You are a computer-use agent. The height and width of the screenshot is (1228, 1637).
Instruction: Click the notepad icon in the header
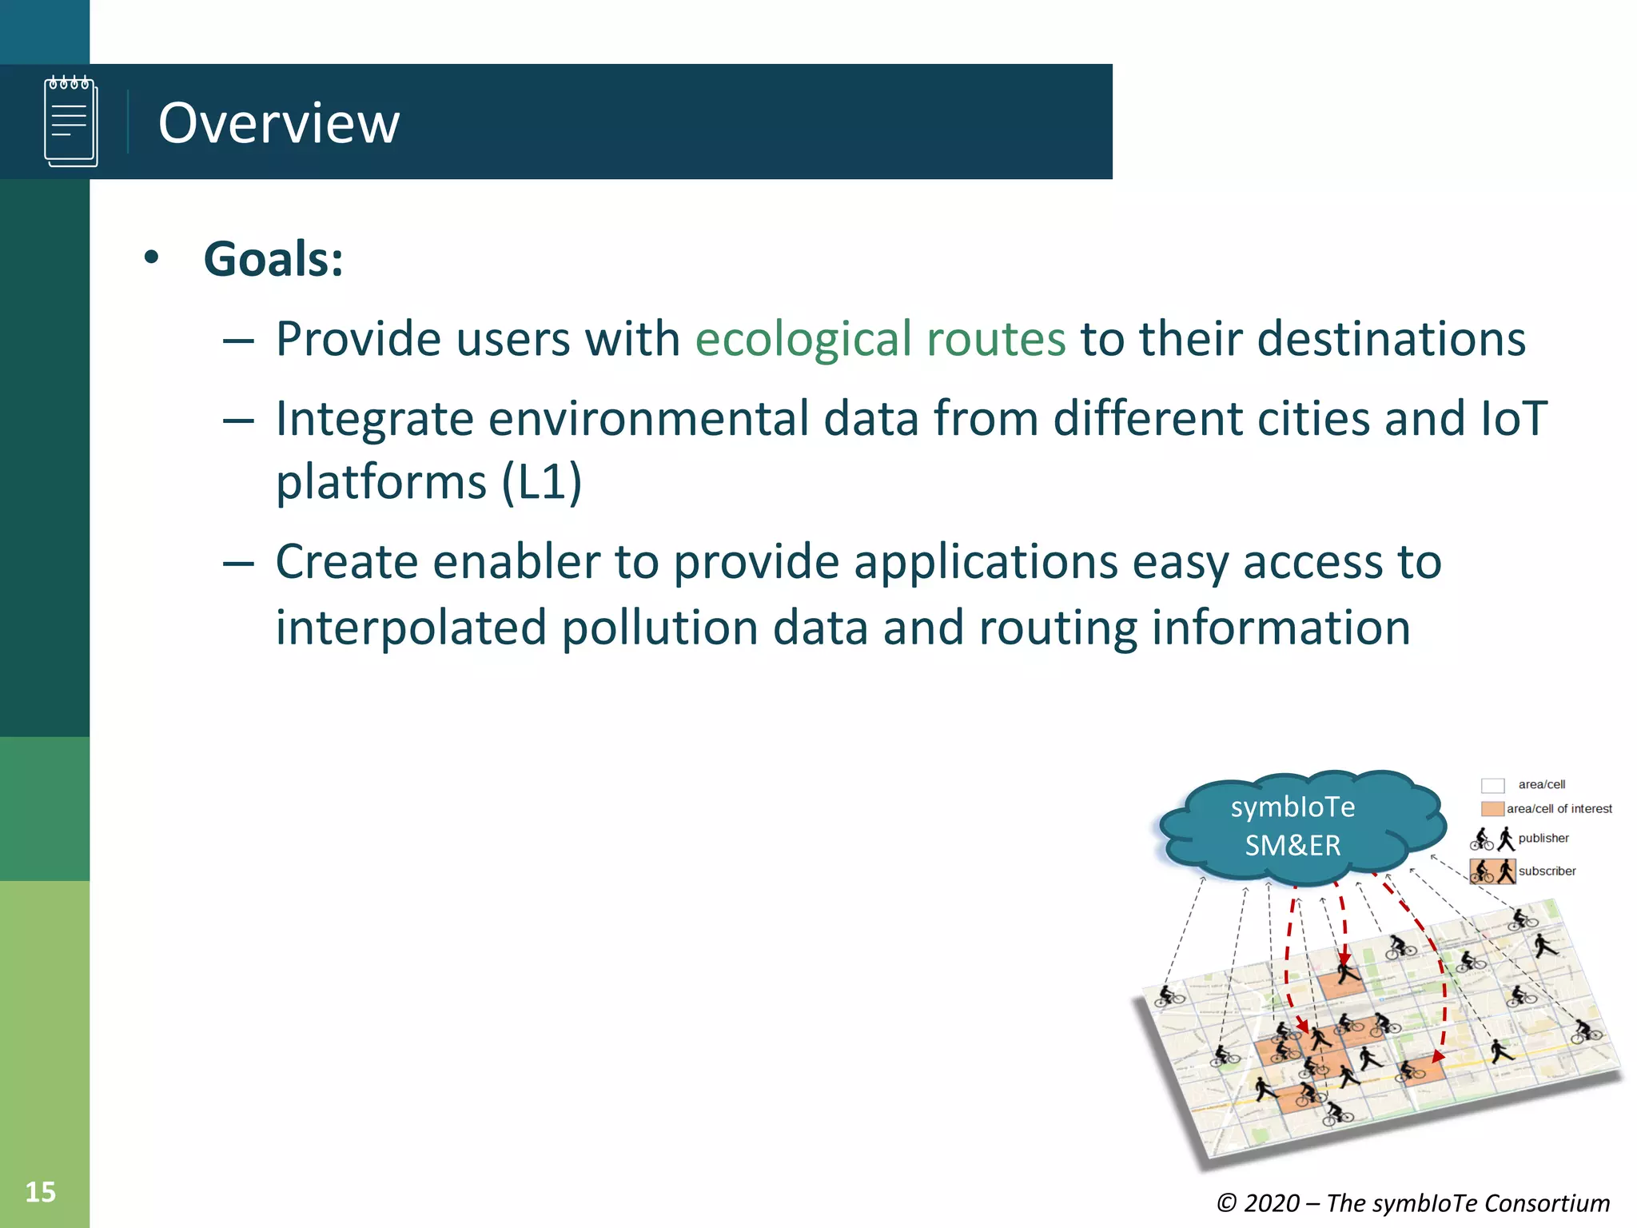click(x=71, y=122)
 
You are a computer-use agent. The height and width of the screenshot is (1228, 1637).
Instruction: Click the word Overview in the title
click(x=278, y=123)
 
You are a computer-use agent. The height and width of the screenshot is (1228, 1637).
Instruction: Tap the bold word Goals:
click(x=273, y=259)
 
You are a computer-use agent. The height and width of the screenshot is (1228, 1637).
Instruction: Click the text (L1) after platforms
click(x=541, y=482)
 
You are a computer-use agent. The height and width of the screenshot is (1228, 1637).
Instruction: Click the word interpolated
click(x=410, y=627)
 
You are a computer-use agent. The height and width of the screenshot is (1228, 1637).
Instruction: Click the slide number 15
click(x=40, y=1192)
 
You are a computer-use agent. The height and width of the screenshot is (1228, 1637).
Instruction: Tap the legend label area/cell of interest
click(x=1559, y=809)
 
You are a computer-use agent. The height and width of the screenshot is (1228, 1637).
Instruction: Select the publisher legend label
click(x=1543, y=838)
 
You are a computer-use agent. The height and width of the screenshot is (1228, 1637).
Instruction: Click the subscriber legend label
click(x=1547, y=871)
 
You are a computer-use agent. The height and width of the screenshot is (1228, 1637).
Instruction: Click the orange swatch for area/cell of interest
click(x=1492, y=809)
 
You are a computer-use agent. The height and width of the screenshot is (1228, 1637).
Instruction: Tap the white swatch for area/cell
click(x=1492, y=785)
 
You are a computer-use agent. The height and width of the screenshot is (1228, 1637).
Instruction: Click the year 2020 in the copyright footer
click(x=1272, y=1203)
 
